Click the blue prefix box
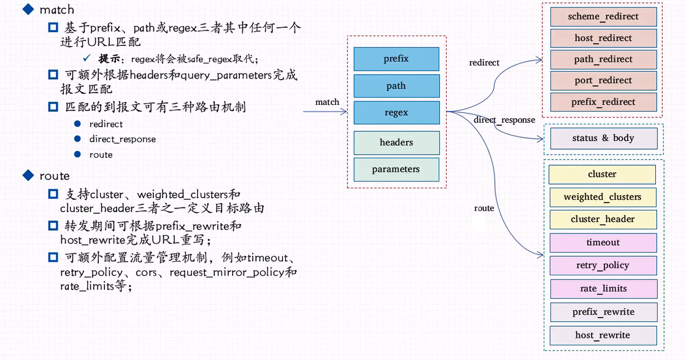[x=396, y=59]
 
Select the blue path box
[x=396, y=86]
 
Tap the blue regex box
[x=396, y=113]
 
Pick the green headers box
[x=396, y=142]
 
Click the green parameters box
[x=396, y=169]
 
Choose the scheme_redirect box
[x=603, y=17]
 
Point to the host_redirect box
[x=603, y=38]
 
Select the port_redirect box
[x=603, y=80]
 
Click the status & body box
[x=603, y=138]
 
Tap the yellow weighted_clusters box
[x=602, y=197]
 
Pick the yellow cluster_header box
[x=602, y=219]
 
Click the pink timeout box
[x=603, y=242]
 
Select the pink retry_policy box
[x=603, y=266]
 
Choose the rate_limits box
[x=603, y=288]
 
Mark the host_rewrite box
[x=603, y=335]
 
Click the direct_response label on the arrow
[x=504, y=120]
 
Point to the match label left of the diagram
[x=327, y=102]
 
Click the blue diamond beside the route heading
[x=27, y=176]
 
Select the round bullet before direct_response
[x=77, y=139]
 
